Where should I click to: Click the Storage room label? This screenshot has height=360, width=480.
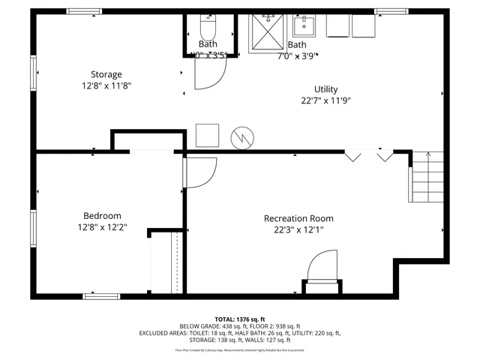[106, 74]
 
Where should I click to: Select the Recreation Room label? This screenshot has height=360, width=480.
[298, 218]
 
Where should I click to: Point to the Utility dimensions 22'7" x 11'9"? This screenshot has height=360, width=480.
[325, 100]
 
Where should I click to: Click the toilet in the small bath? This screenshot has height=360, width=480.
[207, 29]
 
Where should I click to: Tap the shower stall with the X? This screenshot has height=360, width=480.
[265, 31]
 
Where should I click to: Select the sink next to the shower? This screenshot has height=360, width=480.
[304, 26]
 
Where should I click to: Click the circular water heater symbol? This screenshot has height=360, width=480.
[243, 136]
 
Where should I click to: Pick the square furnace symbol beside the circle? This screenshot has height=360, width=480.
[207, 135]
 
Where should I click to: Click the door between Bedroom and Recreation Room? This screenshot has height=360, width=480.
[198, 173]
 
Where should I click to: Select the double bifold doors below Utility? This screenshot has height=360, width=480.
[368, 155]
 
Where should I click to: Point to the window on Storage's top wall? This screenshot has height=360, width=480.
[84, 11]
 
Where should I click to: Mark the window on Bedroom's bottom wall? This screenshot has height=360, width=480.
[101, 296]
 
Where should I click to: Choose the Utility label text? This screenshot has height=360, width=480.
[325, 88]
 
